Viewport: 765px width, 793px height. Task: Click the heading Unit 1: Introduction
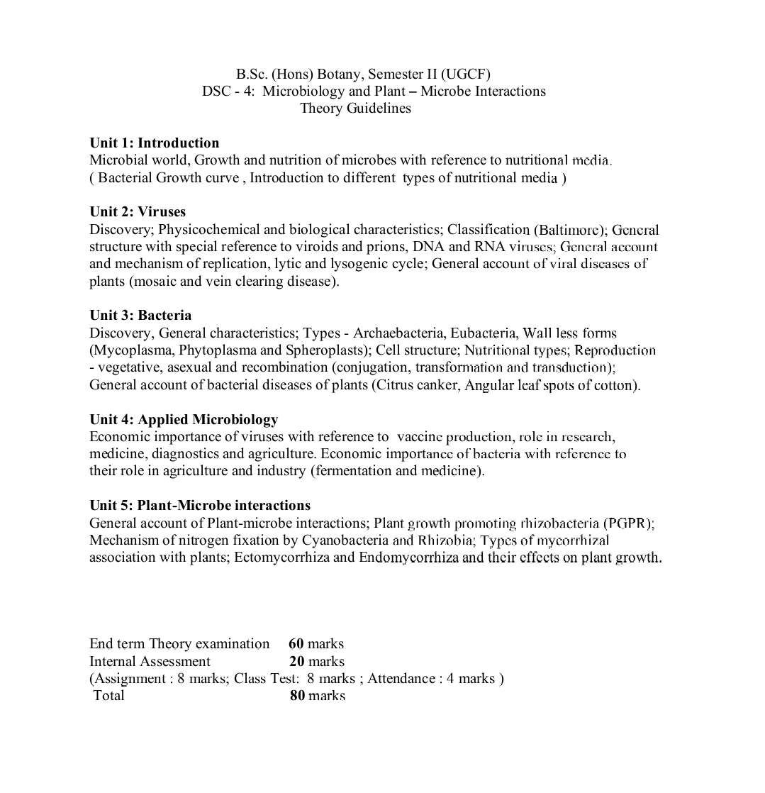[154, 143]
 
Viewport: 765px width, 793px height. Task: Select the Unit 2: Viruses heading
[138, 212]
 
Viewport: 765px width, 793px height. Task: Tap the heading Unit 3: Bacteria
[140, 316]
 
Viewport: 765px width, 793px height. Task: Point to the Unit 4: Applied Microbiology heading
[184, 420]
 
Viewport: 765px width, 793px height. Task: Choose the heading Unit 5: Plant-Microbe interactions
[200, 506]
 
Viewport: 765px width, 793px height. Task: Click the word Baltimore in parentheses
[566, 230]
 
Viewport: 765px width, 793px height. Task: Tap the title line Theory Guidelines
[355, 109]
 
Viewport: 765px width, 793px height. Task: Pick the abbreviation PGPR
[627, 523]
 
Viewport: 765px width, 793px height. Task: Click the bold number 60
[296, 644]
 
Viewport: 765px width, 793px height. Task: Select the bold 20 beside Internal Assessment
[296, 662]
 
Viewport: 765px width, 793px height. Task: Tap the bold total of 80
[298, 696]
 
